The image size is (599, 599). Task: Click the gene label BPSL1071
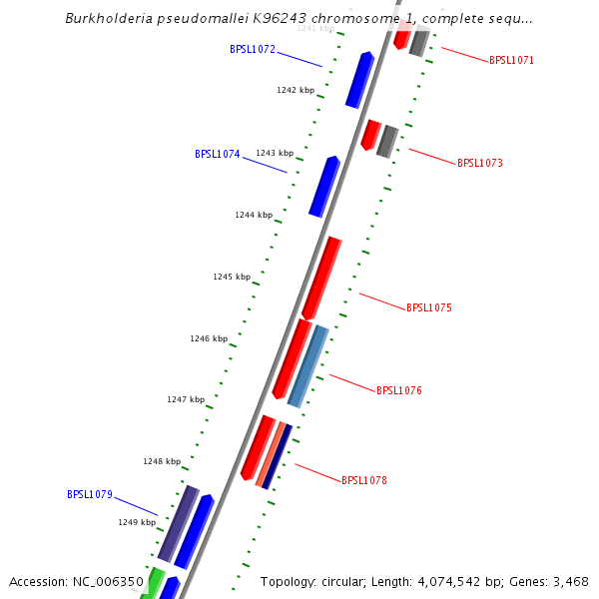click(x=511, y=60)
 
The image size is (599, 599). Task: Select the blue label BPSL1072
click(x=253, y=49)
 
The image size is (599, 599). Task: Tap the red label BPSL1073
click(x=479, y=163)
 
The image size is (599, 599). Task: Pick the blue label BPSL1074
click(x=217, y=155)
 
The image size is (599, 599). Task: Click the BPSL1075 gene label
click(x=428, y=307)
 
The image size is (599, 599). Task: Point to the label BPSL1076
click(x=398, y=390)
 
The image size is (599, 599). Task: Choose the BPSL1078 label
click(x=363, y=480)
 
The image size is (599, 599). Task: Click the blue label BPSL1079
click(x=89, y=494)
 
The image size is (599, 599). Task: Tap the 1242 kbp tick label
click(x=296, y=90)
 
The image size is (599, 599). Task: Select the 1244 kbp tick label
click(x=254, y=215)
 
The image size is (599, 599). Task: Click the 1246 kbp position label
click(x=209, y=339)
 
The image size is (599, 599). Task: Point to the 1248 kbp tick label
click(x=162, y=462)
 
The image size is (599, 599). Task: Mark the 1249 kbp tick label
click(x=137, y=522)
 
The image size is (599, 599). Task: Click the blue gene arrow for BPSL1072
click(x=359, y=80)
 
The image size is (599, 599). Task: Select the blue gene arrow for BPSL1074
click(x=323, y=186)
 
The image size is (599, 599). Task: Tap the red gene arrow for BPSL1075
click(x=321, y=278)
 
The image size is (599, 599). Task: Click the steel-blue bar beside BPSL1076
click(x=307, y=365)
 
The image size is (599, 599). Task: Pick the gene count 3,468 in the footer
click(x=569, y=581)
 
